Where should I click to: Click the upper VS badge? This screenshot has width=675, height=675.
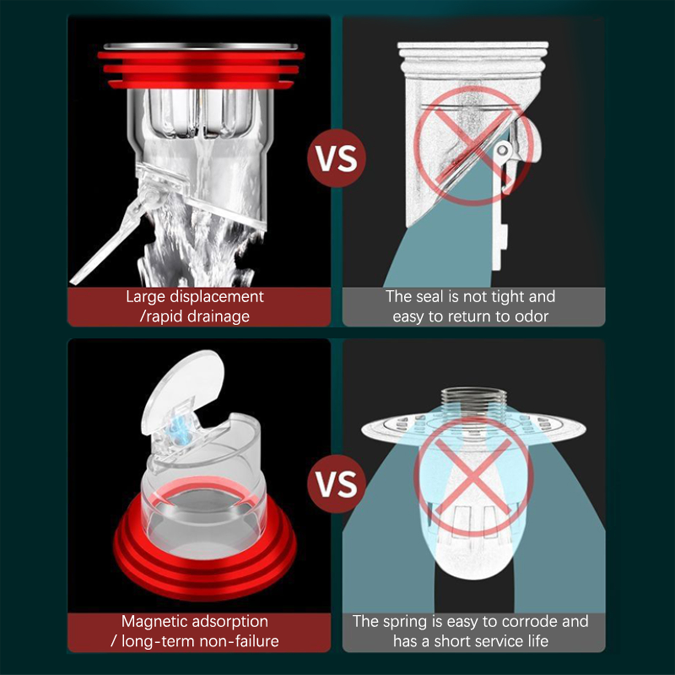[x=337, y=158]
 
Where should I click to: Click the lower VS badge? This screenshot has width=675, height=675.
[x=337, y=483]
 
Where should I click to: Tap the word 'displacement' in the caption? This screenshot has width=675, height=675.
[x=216, y=297]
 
